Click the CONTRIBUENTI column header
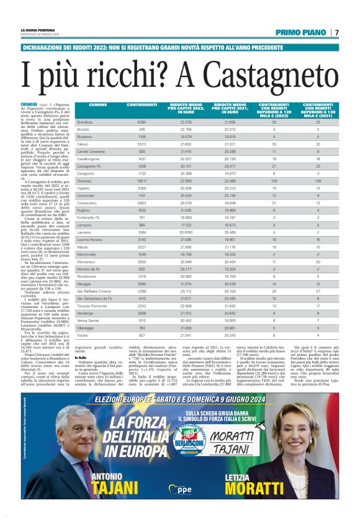(x=142, y=105)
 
